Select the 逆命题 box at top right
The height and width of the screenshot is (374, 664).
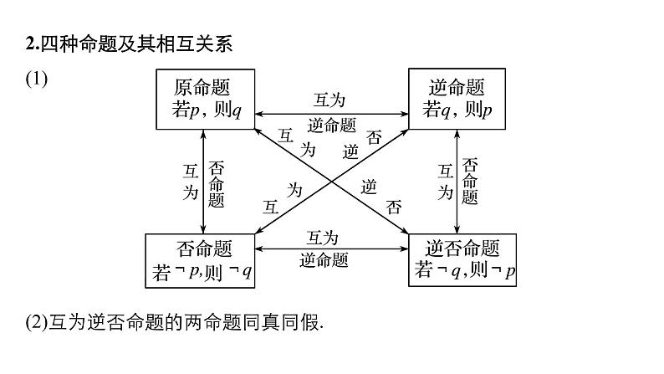pos(456,99)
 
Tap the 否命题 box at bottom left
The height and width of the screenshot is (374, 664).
pos(201,260)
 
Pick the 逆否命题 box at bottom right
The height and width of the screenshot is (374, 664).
pos(462,260)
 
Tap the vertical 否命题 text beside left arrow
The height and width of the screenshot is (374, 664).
pos(217,182)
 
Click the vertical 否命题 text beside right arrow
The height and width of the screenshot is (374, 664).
pos(470,181)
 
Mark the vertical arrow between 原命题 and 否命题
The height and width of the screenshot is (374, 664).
pos(204,181)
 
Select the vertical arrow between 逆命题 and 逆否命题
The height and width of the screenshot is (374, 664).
pos(457,181)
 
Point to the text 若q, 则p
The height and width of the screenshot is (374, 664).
pos(457,110)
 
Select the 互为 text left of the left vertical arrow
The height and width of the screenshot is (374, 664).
pos(191,182)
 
